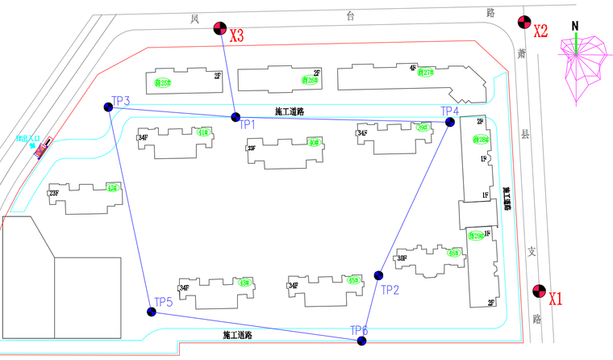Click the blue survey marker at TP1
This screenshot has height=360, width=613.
tap(236, 116)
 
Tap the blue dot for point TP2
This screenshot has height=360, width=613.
tap(378, 275)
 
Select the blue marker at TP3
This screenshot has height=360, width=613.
tap(108, 107)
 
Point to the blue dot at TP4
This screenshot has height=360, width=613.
tap(450, 122)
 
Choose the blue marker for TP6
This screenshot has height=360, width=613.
tap(361, 341)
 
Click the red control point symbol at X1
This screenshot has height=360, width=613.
tap(538, 291)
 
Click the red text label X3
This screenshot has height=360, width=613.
tap(237, 36)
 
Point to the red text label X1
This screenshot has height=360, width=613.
tap(556, 299)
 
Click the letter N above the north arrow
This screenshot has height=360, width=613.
tap(575, 24)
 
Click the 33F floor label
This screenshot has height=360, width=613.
tap(252, 149)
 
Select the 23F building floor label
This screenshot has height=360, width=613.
tap(54, 194)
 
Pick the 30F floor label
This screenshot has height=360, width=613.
tap(402, 258)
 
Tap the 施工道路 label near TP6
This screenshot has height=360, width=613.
tap(238, 334)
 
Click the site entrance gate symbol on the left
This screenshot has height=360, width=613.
tap(40, 149)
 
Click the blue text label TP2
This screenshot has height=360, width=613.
tap(390, 290)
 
